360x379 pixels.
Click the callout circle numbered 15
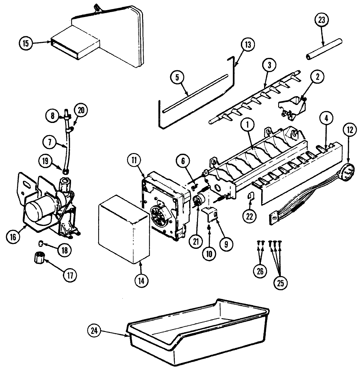26,43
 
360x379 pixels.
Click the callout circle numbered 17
70,275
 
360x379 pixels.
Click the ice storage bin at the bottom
196,334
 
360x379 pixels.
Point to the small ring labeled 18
41,243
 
